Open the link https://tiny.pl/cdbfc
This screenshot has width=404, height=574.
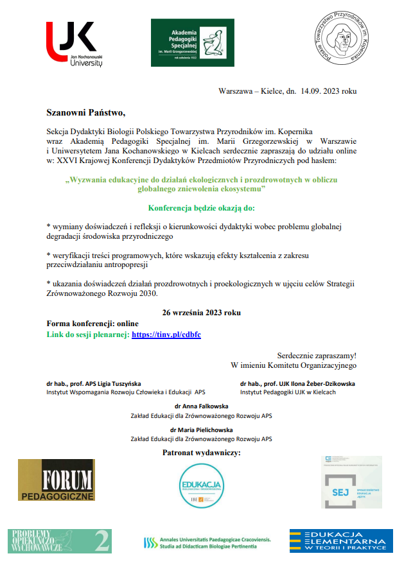(166, 335)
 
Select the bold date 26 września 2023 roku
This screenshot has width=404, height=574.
(202, 312)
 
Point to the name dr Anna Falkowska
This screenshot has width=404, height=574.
(201, 406)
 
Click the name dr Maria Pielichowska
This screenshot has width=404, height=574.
(201, 430)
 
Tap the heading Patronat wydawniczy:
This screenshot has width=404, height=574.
(202, 453)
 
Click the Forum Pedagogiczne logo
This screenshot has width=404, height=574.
(57, 480)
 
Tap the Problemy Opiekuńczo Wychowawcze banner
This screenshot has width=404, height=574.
(59, 541)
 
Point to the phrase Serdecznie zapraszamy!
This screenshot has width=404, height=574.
(316, 354)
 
